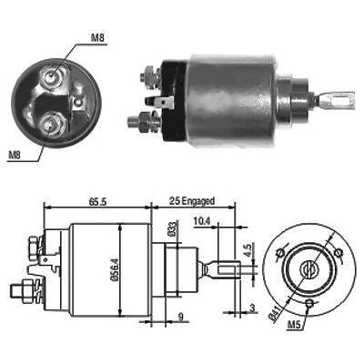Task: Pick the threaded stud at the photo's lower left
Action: coord(138,119)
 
